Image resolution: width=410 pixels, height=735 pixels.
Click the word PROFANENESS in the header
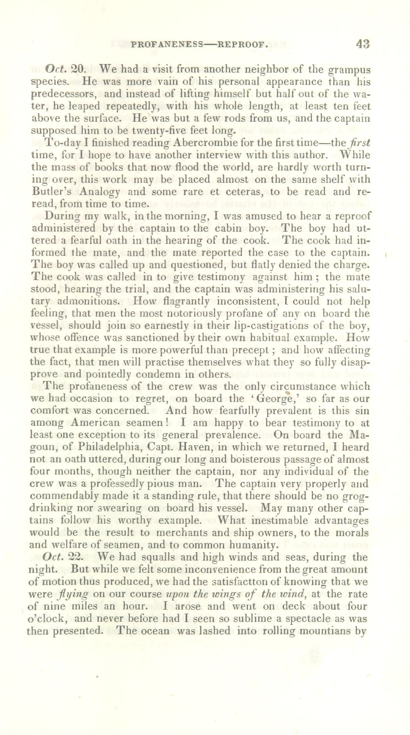(167, 45)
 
